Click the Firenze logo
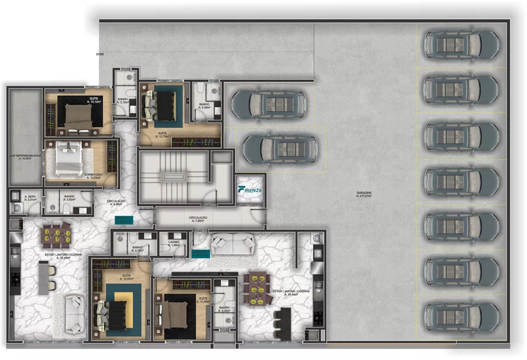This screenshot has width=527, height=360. point(250,190)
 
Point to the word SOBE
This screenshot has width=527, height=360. point(100,54)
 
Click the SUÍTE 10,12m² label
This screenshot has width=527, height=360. point(94,100)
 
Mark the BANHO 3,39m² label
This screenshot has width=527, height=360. point(204,106)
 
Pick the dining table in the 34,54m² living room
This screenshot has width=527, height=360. point(257,289)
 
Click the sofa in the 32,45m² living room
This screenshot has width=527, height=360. point(74,313)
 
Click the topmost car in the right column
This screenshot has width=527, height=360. point(461,45)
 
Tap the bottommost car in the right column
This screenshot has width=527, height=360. point(461,317)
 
